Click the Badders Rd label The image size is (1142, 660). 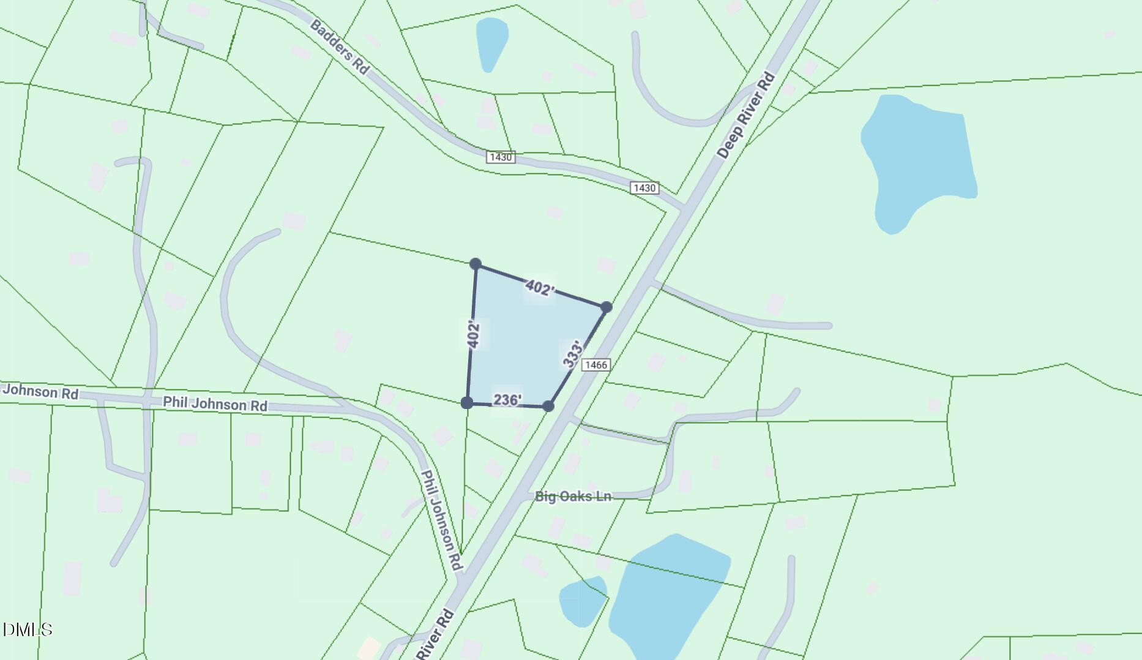tap(340, 47)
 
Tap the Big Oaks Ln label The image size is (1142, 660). tap(573, 497)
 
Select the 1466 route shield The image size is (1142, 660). tap(595, 365)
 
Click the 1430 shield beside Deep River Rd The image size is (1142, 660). tap(644, 188)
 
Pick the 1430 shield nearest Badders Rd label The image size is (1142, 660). tap(501, 157)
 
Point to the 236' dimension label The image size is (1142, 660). tap(507, 400)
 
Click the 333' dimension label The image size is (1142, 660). tap(573, 355)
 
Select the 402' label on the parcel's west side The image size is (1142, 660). tap(473, 335)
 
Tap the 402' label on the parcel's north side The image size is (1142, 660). tap(539, 288)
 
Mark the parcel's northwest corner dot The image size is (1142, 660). tap(476, 264)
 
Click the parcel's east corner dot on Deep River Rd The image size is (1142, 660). tap(606, 307)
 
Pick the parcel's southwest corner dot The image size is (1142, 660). tap(467, 402)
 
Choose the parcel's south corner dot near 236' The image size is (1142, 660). tap(548, 406)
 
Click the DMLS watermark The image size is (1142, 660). tap(28, 629)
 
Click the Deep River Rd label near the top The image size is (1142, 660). tap(746, 116)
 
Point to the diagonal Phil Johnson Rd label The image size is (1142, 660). tap(441, 520)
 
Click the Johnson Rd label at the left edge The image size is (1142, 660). tap(40, 391)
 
